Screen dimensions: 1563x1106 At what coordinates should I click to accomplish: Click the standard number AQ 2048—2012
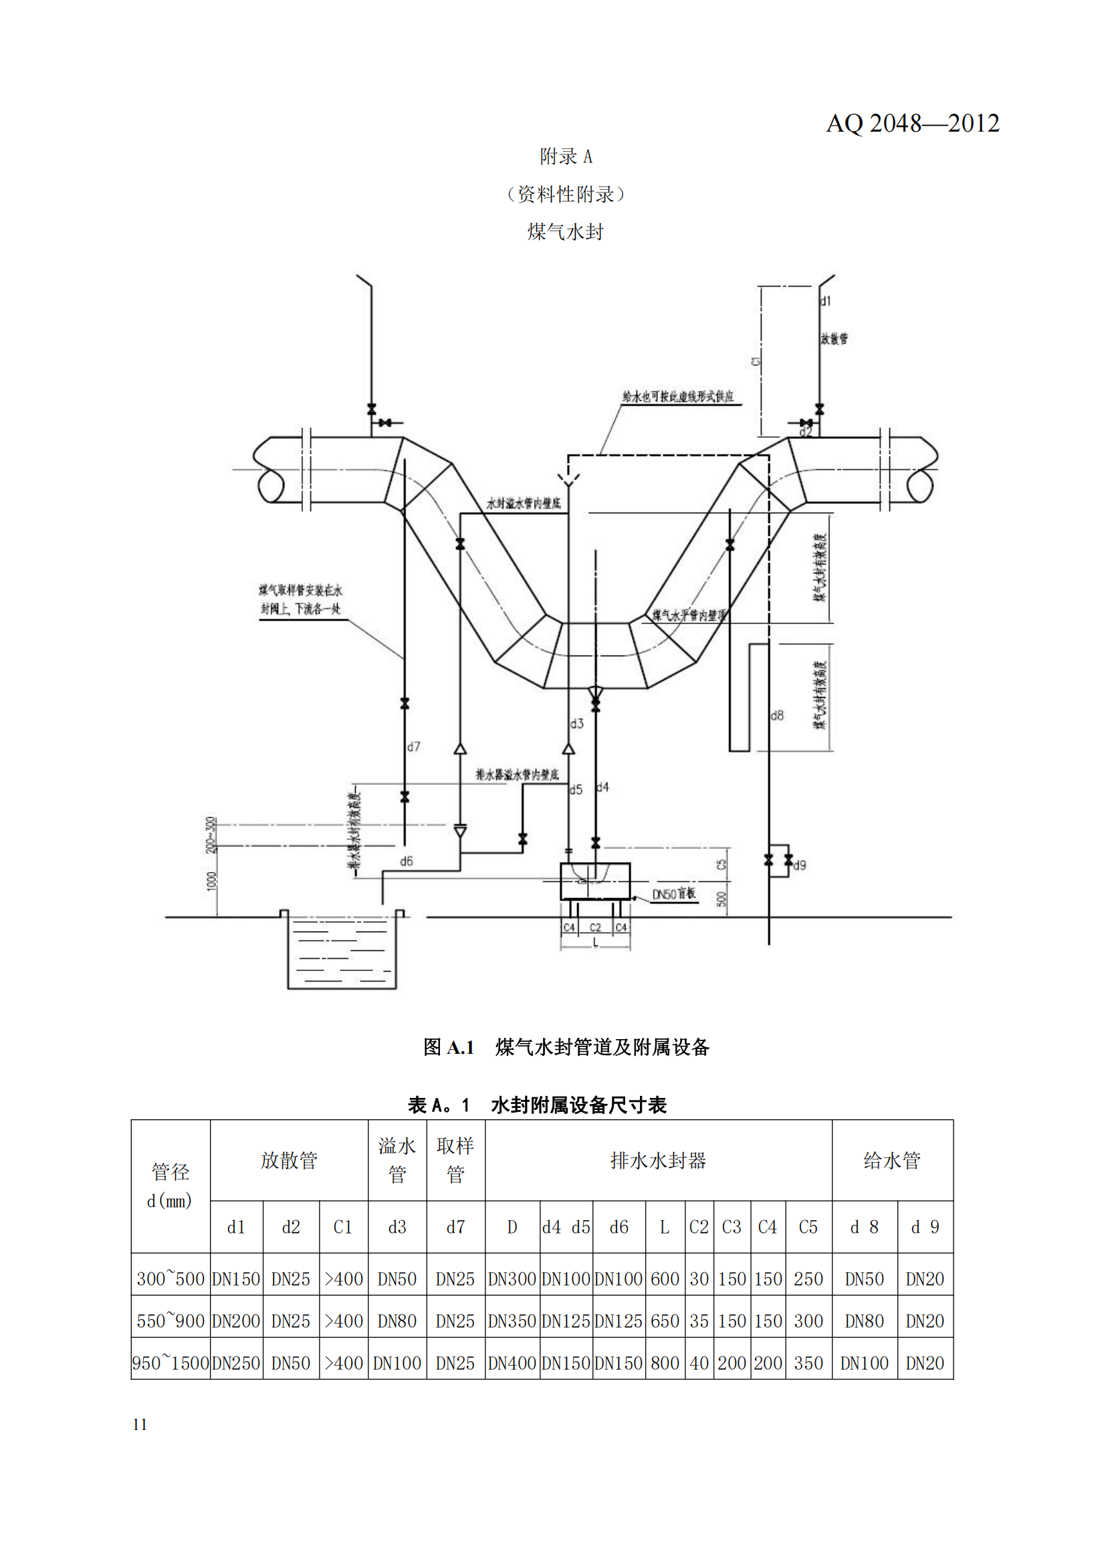tap(912, 123)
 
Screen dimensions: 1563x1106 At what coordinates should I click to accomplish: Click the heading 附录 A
tap(565, 156)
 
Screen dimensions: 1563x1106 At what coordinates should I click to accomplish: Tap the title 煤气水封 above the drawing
tap(565, 232)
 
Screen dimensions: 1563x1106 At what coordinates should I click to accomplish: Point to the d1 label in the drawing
tap(825, 301)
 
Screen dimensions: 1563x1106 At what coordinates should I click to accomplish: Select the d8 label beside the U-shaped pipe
tap(777, 716)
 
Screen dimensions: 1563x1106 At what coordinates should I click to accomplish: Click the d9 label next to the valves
tap(800, 865)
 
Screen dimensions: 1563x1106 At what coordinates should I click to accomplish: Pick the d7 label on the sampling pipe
tap(413, 747)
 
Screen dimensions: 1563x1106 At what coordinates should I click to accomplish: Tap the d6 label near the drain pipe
tap(407, 861)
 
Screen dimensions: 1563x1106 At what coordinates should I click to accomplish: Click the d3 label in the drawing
tap(577, 724)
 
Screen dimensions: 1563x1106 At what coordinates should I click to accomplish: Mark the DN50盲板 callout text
tap(673, 894)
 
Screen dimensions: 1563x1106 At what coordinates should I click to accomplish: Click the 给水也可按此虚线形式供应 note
tap(677, 396)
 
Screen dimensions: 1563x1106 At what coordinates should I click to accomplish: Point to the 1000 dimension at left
tap(211, 880)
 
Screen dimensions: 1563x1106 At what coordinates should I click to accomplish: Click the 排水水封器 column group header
tap(658, 1161)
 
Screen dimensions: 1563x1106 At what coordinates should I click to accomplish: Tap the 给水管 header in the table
tap(891, 1161)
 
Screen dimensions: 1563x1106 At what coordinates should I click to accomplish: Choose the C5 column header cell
tap(808, 1227)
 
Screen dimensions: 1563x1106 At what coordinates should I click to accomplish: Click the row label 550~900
tap(171, 1321)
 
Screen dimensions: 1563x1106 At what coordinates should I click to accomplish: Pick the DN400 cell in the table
tap(512, 1364)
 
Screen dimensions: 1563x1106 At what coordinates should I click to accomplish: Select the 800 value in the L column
tap(665, 1364)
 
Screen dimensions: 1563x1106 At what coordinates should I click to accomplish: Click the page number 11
tap(140, 1425)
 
